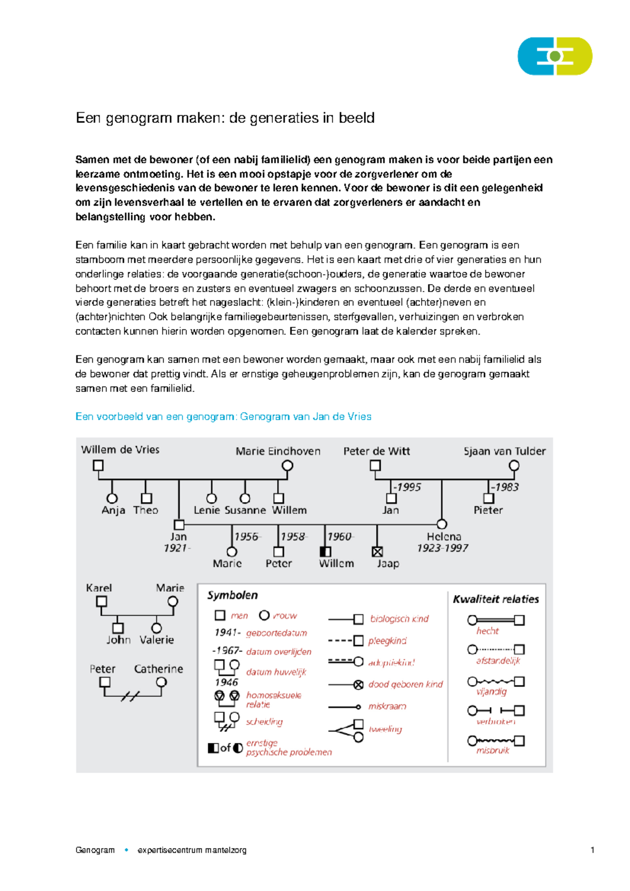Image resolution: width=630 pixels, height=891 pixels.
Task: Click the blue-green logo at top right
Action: [x=555, y=56]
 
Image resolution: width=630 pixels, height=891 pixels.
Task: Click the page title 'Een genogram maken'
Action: [x=225, y=118]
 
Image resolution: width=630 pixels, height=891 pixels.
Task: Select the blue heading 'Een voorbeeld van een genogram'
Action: [x=223, y=417]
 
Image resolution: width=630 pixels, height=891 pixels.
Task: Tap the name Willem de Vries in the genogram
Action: [x=120, y=450]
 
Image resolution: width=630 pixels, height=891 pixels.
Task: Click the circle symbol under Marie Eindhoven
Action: [x=287, y=465]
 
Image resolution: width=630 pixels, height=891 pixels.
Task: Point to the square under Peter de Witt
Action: [x=375, y=465]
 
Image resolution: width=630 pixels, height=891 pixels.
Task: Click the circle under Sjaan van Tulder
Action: [x=514, y=465]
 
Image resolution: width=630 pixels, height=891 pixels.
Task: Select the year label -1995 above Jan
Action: [x=408, y=487]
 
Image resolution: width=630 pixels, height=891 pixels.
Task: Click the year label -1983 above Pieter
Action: [x=505, y=487]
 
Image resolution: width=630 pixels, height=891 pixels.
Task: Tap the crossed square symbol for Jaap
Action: [x=377, y=552]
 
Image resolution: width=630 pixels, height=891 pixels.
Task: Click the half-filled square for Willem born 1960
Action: [x=325, y=552]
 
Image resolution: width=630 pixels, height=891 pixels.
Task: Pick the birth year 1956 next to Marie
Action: [x=247, y=536]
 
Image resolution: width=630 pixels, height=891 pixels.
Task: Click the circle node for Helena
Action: [x=442, y=524]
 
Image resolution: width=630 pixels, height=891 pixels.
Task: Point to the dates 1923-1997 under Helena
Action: [x=443, y=548]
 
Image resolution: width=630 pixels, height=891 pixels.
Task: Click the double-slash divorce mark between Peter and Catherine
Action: [x=130, y=697]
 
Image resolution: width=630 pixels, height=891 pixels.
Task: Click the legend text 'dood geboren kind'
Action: [x=405, y=685]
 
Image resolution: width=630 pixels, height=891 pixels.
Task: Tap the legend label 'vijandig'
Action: [x=491, y=691]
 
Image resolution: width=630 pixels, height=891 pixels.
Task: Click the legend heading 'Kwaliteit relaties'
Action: [x=496, y=599]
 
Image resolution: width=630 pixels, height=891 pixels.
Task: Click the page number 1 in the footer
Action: [x=592, y=850]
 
